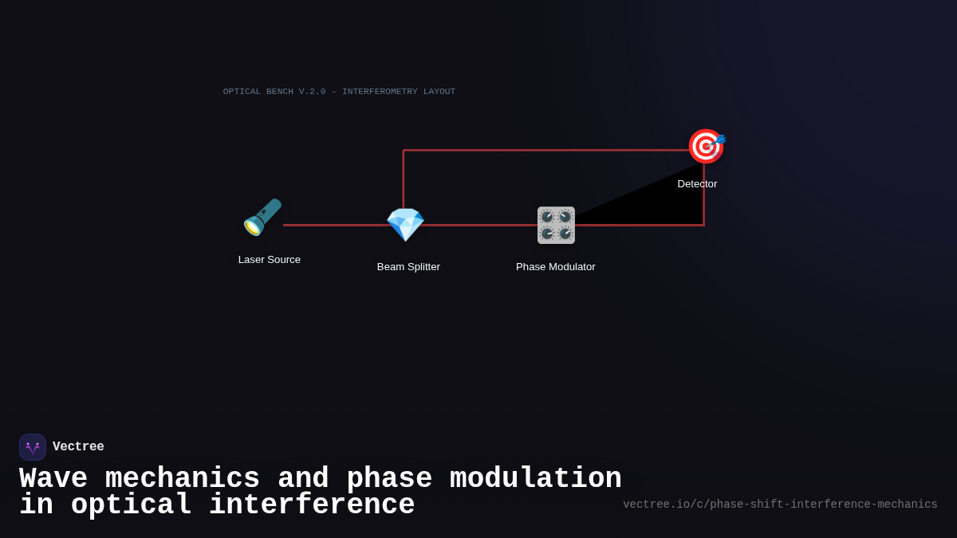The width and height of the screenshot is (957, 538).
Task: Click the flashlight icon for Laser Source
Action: tap(262, 217)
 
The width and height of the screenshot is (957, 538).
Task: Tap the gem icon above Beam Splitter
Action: tap(405, 225)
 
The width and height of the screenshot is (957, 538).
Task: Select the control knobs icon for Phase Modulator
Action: tap(556, 225)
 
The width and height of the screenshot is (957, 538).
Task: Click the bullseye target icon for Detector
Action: tap(706, 147)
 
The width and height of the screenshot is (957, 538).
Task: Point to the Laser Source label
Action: tap(270, 260)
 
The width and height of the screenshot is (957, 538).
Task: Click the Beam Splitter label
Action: tap(408, 267)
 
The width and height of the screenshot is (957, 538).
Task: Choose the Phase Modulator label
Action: tap(556, 267)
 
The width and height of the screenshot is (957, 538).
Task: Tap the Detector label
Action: tap(697, 184)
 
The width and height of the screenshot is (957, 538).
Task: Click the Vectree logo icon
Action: tap(33, 447)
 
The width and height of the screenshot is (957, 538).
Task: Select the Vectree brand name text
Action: tap(78, 447)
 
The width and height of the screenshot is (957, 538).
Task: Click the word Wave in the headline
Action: tap(53, 479)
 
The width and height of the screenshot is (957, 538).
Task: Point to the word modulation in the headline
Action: tap(535, 479)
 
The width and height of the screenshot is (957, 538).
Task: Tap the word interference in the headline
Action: tap(312, 505)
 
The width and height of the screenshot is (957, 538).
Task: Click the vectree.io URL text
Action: tap(780, 505)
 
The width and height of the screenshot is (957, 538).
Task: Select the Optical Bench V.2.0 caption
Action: tap(339, 92)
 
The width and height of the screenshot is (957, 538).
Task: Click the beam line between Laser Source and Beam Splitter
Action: tap(335, 225)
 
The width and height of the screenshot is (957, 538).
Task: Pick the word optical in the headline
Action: tap(131, 505)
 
